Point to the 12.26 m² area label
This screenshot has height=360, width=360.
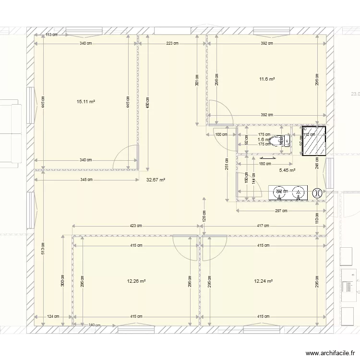(x=136, y=281)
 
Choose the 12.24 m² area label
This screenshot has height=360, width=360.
(x=263, y=281)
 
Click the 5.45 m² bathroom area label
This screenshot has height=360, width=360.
(x=287, y=170)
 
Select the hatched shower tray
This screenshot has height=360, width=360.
(x=313, y=141)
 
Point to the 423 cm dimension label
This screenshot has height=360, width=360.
(x=136, y=226)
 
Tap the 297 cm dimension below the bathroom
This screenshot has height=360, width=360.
(x=281, y=211)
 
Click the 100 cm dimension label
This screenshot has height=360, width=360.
(x=221, y=134)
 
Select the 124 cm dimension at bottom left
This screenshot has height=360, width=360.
(x=53, y=316)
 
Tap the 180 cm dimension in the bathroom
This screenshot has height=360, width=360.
(x=264, y=164)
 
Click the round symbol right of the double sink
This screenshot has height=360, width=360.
(x=316, y=193)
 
